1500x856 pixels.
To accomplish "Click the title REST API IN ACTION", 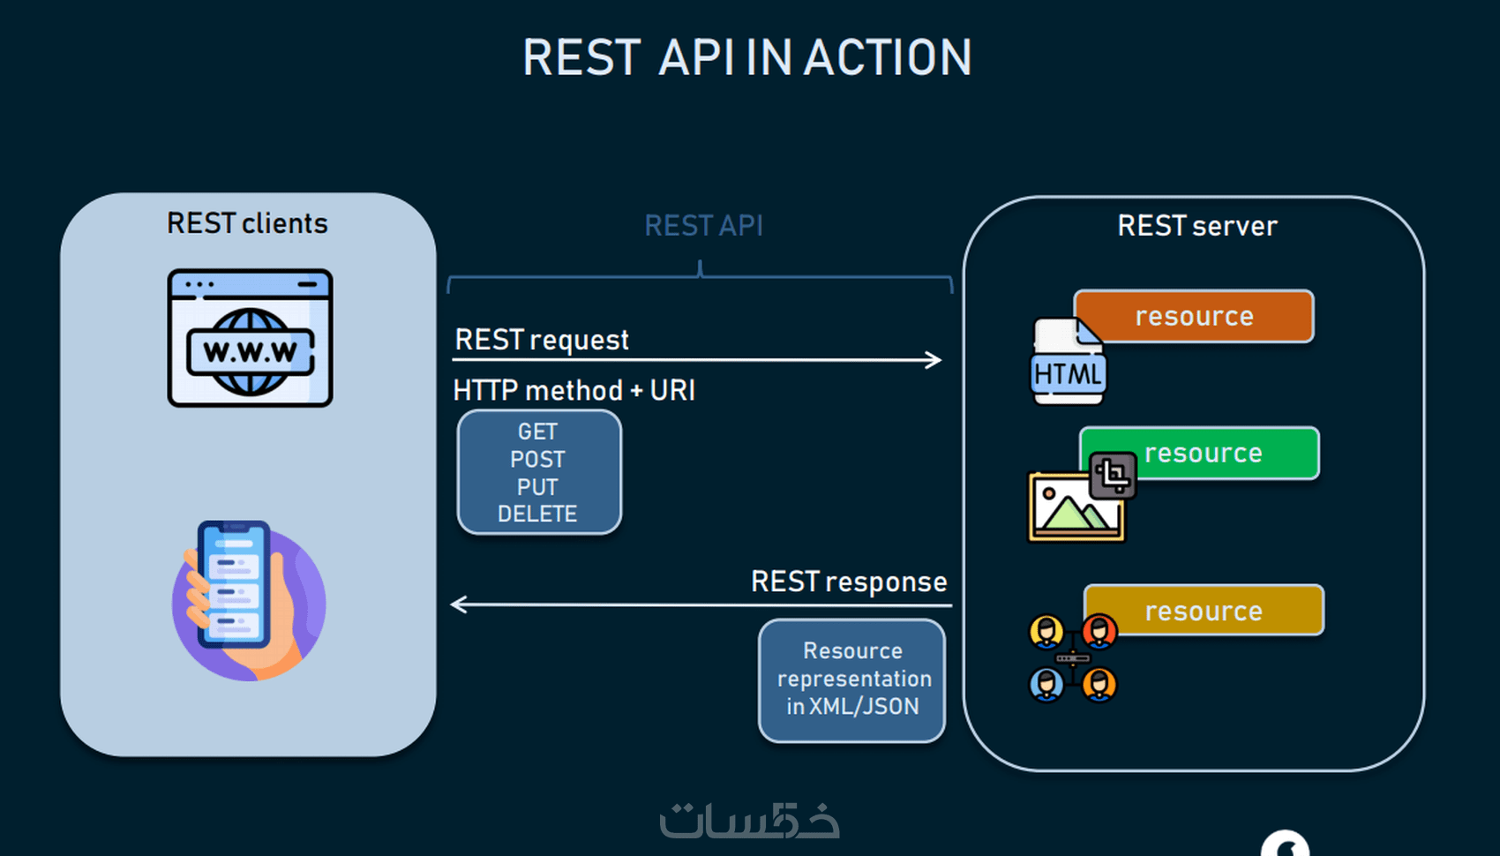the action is (746, 57).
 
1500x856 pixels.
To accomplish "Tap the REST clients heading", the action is (247, 223).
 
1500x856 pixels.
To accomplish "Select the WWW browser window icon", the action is (250, 338).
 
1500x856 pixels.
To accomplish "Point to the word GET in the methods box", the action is (537, 432).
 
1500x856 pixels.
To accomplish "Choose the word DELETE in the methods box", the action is (537, 514).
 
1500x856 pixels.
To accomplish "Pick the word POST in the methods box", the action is (537, 460).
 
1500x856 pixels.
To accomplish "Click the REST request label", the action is (542, 340).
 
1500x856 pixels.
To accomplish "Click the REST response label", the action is (849, 582).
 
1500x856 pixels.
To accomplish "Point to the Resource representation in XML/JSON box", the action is (852, 680).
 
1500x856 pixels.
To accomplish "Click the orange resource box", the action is (1194, 316).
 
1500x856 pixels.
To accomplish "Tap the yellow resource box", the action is (1204, 610).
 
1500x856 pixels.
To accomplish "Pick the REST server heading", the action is (1197, 226).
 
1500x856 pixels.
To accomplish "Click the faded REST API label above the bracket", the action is (704, 226).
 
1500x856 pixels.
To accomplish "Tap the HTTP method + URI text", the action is (574, 390).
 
